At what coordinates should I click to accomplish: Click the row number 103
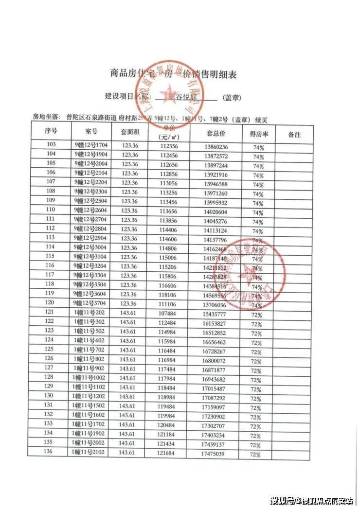pos(51,144)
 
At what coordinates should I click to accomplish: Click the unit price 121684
pos(167,453)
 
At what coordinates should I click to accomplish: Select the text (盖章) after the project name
pos(232,98)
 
